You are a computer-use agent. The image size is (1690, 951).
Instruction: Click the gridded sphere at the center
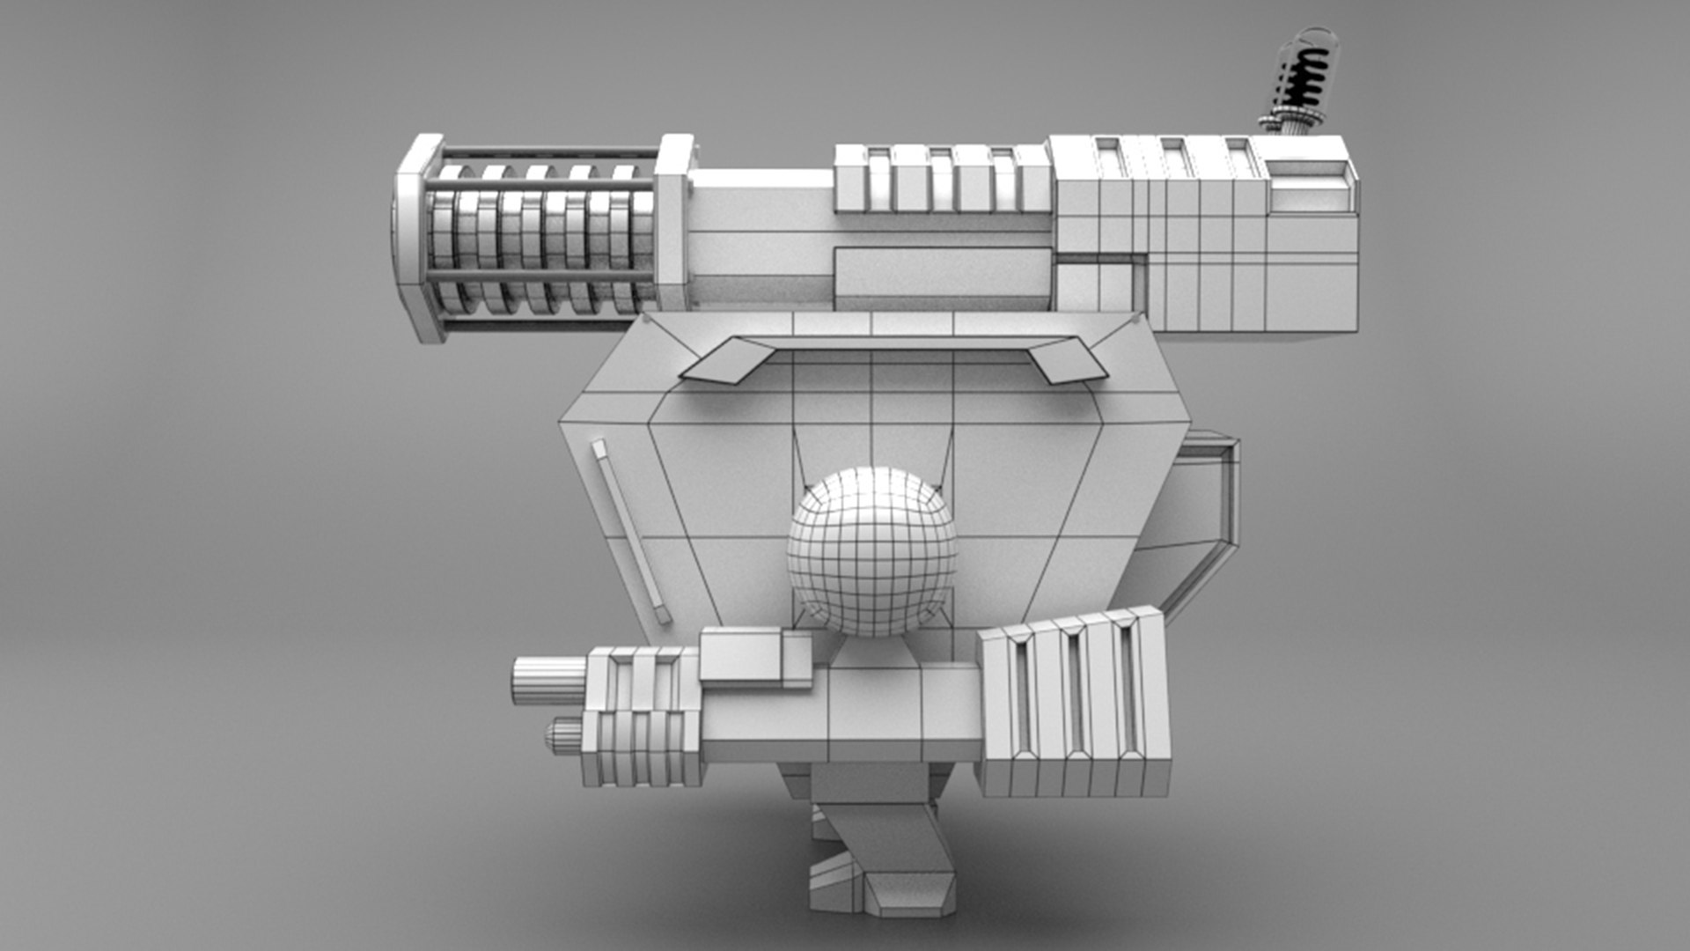point(871,552)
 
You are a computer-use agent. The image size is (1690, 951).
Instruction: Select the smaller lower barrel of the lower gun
point(564,735)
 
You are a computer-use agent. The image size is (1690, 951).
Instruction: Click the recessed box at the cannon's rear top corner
point(1310,186)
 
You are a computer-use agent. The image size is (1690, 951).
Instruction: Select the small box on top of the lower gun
point(754,656)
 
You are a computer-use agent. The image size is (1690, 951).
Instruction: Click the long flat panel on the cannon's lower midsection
point(942,272)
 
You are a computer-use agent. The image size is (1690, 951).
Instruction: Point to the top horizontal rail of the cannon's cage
point(546,152)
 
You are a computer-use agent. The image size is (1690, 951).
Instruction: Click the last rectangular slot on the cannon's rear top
point(1238,158)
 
